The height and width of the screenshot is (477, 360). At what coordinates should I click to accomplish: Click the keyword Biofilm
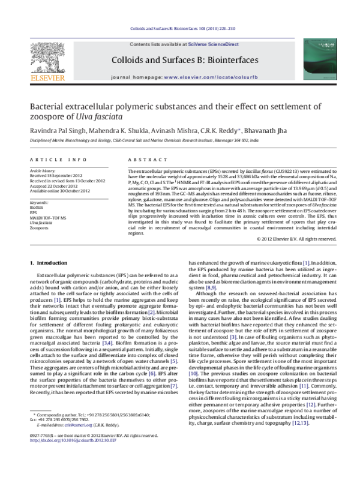(x=37, y=208)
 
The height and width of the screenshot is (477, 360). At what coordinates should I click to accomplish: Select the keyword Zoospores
(x=40, y=229)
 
